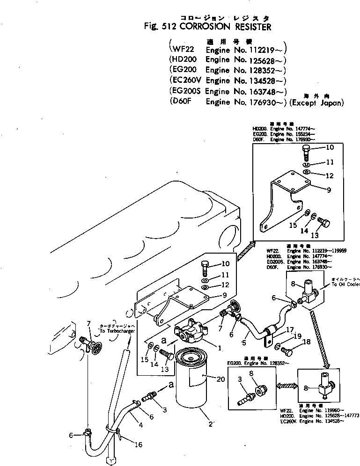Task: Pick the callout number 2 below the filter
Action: click(211, 424)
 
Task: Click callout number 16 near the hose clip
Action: click(138, 444)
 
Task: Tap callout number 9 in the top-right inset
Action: click(316, 190)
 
